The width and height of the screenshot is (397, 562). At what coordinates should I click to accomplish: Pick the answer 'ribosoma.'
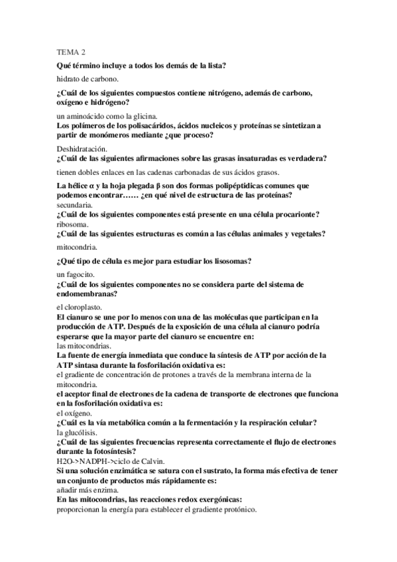74,224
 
